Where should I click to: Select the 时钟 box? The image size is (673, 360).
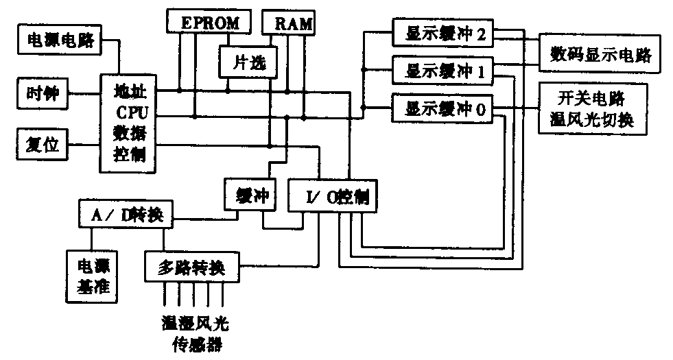pos(43,93)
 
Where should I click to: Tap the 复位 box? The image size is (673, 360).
pos(43,145)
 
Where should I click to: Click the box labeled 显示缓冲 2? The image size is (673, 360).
pos(442,33)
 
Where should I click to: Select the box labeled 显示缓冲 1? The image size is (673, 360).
pos(442,70)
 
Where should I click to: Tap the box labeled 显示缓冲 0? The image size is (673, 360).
pos(442,108)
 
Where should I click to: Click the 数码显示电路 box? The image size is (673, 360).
pos(599,53)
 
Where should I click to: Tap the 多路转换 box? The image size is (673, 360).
pos(193,266)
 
